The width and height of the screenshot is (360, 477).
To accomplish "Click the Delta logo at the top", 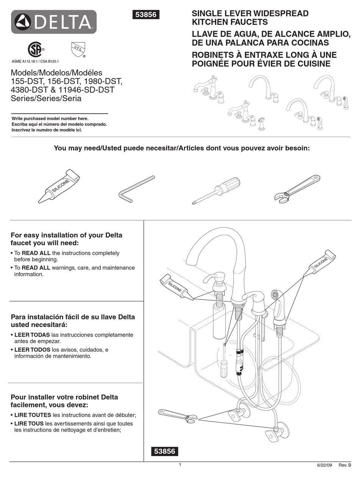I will [x=53, y=22].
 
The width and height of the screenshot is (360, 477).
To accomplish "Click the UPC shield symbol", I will [x=76, y=49].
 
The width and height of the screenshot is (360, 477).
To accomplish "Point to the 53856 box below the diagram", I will [x=164, y=451].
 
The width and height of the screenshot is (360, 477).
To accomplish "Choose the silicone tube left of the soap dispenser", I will [x=176, y=287].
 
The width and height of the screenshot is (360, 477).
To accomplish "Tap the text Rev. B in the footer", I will [x=344, y=465].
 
